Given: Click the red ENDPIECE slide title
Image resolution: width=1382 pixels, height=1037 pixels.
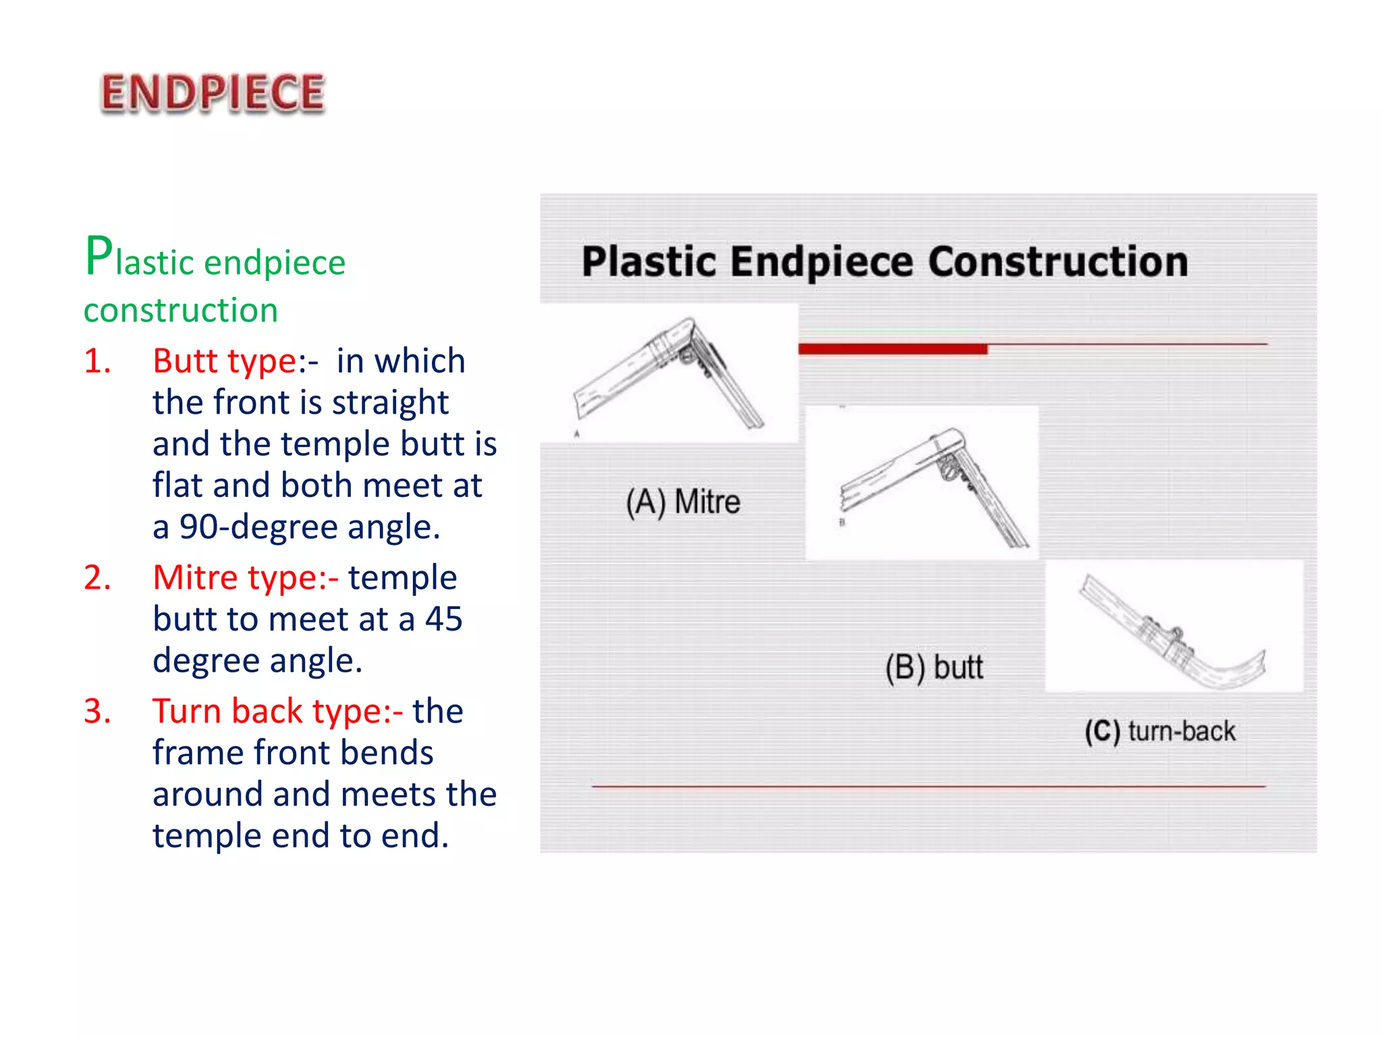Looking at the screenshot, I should (x=213, y=93).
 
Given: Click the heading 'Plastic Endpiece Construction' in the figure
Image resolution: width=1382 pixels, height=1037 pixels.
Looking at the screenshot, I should (x=885, y=262).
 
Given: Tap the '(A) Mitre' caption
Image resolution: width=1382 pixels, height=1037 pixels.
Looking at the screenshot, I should (x=683, y=502).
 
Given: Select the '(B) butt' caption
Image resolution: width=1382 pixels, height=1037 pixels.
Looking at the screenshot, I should (x=934, y=668).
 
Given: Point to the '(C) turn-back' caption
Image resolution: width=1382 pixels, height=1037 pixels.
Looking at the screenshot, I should (x=1160, y=732).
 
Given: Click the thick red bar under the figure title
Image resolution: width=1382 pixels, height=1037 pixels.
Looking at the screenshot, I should (x=893, y=349).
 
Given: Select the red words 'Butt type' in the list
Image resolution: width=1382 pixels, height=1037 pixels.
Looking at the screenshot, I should (x=225, y=361).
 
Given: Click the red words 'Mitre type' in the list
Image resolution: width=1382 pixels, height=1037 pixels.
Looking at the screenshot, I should (x=244, y=578).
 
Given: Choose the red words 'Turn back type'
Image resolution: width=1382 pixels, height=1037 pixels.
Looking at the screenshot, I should (x=277, y=712).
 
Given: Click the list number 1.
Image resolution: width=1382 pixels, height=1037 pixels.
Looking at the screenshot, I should (x=97, y=361).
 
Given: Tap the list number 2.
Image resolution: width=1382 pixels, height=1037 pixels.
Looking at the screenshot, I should (x=97, y=578).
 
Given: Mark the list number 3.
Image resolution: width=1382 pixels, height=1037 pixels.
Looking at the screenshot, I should (x=97, y=712).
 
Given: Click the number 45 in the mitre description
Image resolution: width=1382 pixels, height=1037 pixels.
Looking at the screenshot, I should (x=443, y=619).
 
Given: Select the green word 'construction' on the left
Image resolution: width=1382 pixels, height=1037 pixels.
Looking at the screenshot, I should (x=181, y=311).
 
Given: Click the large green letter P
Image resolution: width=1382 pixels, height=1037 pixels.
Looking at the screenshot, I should (x=99, y=257).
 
